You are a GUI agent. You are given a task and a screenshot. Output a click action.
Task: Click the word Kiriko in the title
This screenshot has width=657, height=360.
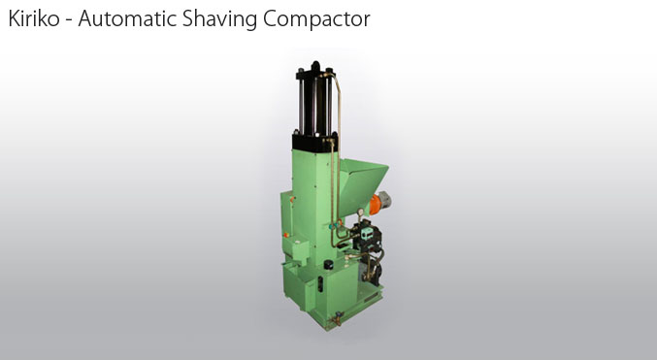[34, 18]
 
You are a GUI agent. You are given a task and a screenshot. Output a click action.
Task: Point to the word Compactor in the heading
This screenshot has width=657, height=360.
[316, 19]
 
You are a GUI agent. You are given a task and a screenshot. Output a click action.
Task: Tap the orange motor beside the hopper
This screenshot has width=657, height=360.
[376, 204]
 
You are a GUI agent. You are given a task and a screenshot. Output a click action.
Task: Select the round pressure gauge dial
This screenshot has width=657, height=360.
[359, 213]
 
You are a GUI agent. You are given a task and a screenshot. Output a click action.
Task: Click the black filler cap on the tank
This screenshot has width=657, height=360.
[328, 264]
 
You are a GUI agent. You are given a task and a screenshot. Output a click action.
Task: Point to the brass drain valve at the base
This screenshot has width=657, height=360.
[337, 318]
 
